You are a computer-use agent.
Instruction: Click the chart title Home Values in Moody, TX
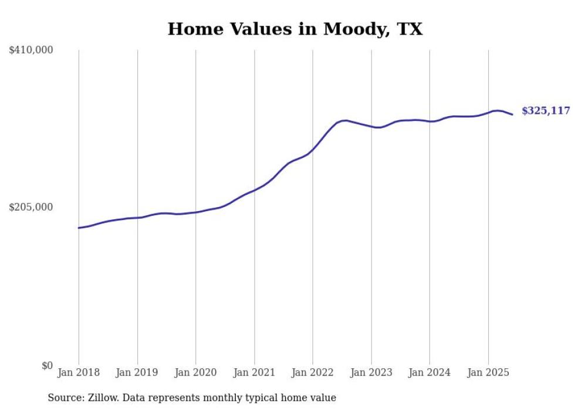[295, 29]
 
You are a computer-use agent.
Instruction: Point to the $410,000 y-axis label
[31, 50]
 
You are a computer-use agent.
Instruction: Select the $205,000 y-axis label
[31, 207]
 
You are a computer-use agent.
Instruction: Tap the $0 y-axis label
[47, 365]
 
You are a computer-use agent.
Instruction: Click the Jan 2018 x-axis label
[79, 372]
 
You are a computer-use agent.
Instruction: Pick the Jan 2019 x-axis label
[137, 372]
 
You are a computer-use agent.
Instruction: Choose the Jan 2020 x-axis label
[195, 372]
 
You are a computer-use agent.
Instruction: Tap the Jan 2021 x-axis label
[254, 372]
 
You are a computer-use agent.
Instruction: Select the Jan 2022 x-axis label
[313, 372]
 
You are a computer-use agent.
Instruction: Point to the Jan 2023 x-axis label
[371, 372]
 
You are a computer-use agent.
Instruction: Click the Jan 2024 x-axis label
[429, 372]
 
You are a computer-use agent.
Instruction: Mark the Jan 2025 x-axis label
[488, 372]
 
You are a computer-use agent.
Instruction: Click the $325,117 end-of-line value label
[546, 111]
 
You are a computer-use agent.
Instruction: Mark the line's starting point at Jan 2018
[79, 228]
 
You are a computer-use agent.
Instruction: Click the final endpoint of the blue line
[513, 114]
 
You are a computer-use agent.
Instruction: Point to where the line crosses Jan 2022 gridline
[313, 149]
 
